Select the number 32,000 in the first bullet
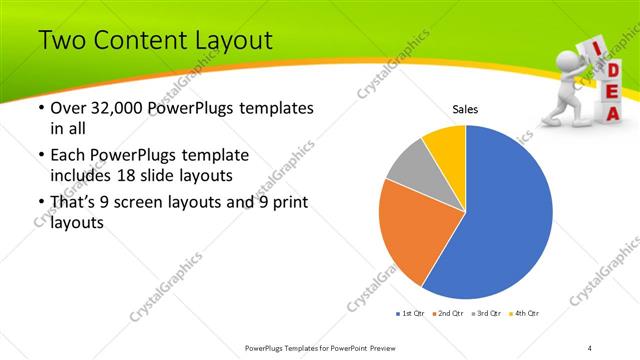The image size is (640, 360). pyautogui.click(x=110, y=107)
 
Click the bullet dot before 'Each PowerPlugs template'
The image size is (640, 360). pyautogui.click(x=39, y=156)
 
